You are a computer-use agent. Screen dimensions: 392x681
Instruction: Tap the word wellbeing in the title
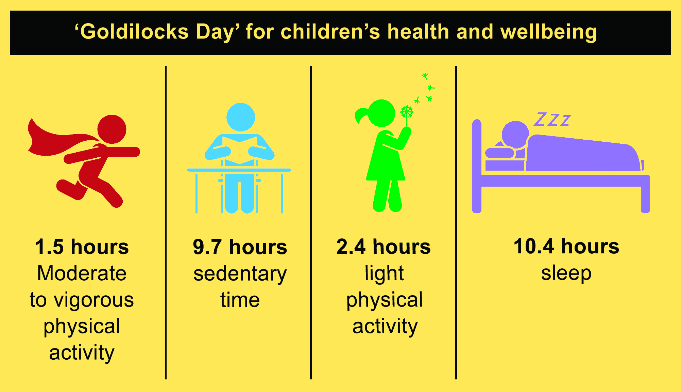pyautogui.click(x=548, y=32)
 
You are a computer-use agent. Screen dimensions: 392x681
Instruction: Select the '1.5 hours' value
pyautogui.click(x=82, y=247)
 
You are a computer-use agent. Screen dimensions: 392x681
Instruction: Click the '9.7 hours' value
pyautogui.click(x=240, y=247)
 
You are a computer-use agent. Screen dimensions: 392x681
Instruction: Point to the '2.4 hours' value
pyautogui.click(x=384, y=247)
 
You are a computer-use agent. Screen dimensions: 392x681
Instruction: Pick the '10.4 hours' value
pyautogui.click(x=566, y=247)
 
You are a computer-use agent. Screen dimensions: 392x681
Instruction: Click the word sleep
pyautogui.click(x=566, y=273)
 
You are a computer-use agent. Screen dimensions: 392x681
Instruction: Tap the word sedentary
pyautogui.click(x=240, y=274)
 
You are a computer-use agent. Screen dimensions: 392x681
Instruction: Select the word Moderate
pyautogui.click(x=82, y=273)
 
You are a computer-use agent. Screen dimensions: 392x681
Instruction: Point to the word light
pyautogui.click(x=384, y=273)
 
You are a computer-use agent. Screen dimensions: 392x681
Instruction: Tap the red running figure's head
pyautogui.click(x=112, y=129)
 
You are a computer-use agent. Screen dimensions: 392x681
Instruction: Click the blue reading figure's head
pyautogui.click(x=240, y=117)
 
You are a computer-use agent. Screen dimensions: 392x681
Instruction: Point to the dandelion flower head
pyautogui.click(x=407, y=112)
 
